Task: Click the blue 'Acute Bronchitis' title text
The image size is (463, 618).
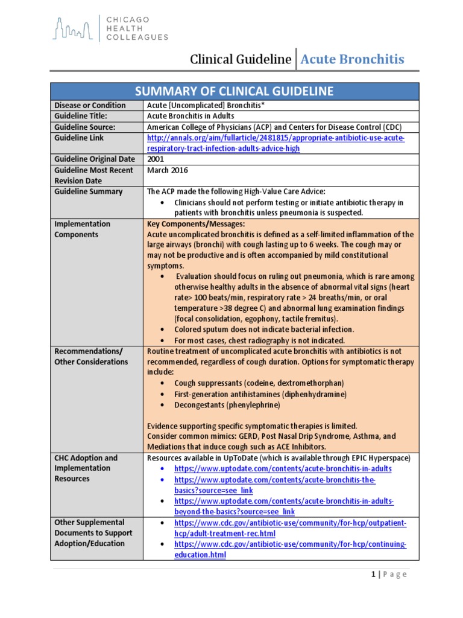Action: (352, 59)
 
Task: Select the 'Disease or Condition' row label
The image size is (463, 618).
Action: (90, 105)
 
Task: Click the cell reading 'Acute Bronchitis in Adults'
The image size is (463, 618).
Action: (191, 116)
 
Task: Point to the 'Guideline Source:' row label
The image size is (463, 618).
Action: (84, 127)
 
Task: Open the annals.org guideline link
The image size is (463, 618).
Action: (276, 143)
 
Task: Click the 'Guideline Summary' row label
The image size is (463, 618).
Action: (88, 191)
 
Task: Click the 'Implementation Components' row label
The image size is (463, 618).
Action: (82, 229)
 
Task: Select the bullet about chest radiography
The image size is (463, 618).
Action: (260, 340)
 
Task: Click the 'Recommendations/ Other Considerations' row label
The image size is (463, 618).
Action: (91, 356)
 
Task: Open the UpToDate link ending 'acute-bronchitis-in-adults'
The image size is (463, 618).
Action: (283, 468)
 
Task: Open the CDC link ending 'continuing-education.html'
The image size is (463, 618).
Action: (290, 549)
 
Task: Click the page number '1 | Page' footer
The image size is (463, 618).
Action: (389, 575)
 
